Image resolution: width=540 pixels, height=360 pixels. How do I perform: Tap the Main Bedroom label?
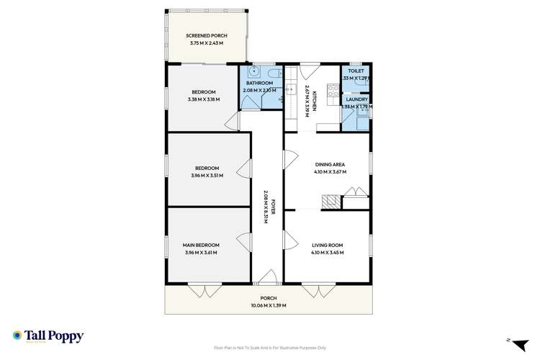pos(201,246)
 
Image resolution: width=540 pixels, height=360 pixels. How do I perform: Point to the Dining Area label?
pos(330,165)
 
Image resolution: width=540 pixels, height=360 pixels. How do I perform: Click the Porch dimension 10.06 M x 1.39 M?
pos(269,305)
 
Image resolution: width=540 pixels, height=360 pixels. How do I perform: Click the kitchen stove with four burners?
pos(333,91)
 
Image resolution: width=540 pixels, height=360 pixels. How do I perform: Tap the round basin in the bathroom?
pos(253,73)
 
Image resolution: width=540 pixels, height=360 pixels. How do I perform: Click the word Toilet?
pos(356,71)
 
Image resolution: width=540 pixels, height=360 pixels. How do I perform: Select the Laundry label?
pos(356,99)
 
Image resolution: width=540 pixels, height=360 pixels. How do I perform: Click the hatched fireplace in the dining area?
pos(330,202)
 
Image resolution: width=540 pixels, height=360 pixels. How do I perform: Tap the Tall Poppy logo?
pos(48,336)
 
